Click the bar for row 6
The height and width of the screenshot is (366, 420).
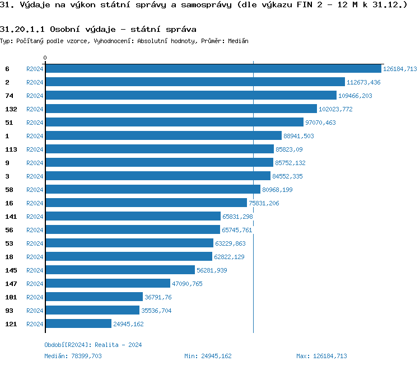pyautogui.click(x=213, y=69)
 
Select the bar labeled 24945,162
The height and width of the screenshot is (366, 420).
pyautogui.click(x=78, y=324)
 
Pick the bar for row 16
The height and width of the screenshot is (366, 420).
pyautogui.click(x=146, y=203)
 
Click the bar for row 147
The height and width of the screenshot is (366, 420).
pyautogui.click(x=108, y=284)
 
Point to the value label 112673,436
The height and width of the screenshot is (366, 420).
pyautogui.click(x=363, y=82)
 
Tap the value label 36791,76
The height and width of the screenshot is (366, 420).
pyautogui.click(x=160, y=297)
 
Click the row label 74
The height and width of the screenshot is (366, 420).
pyautogui.click(x=9, y=96)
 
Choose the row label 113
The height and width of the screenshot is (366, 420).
pyautogui.click(x=11, y=149)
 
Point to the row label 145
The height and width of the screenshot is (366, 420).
pyautogui.click(x=11, y=270)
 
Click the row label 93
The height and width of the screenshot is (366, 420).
pyautogui.click(x=9, y=311)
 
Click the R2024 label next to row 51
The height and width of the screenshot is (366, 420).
pyautogui.click(x=35, y=123)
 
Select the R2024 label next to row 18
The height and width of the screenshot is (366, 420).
pyautogui.click(x=35, y=257)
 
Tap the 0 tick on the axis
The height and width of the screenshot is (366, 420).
pyautogui.click(x=45, y=58)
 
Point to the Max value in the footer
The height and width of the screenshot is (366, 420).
pyautogui.click(x=321, y=356)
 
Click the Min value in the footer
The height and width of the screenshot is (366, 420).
pyautogui.click(x=208, y=356)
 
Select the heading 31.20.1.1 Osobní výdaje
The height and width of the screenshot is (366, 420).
pyautogui.click(x=98, y=29)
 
